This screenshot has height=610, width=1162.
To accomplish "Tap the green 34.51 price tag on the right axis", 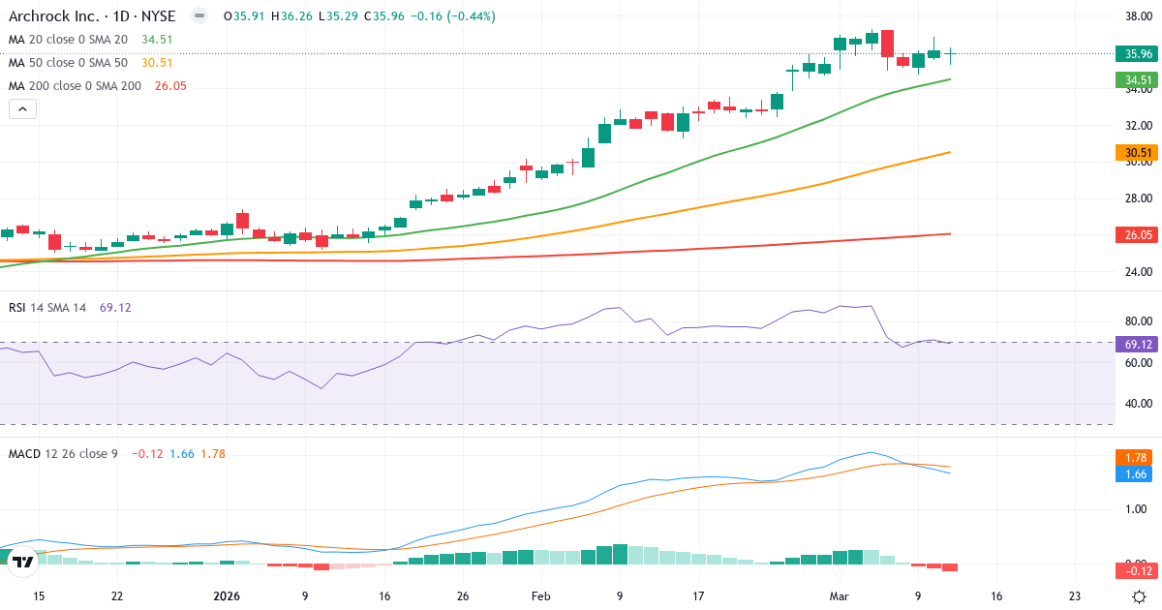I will (x=1134, y=80).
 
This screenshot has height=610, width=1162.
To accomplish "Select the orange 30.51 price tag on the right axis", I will (x=1134, y=153).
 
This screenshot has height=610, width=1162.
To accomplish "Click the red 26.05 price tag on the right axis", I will (x=1134, y=234).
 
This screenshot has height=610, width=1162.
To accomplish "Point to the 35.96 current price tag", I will (x=1134, y=53).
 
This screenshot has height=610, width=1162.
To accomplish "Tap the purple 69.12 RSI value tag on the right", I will (x=1134, y=344).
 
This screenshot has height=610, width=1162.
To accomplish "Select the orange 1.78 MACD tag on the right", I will (x=1134, y=457).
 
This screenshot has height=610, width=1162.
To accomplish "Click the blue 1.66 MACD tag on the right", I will (x=1134, y=474).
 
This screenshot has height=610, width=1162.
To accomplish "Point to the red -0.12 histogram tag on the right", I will (x=1134, y=571).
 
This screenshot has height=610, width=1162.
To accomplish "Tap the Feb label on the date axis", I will (x=541, y=596).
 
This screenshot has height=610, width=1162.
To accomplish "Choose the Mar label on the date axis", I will (x=841, y=596).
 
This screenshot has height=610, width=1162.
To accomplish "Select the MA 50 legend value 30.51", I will (x=156, y=63).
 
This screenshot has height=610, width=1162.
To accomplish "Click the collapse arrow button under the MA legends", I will (x=22, y=109).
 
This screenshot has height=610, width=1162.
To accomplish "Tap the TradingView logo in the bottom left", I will (x=23, y=562).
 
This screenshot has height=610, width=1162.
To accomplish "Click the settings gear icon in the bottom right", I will (x=1141, y=596).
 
